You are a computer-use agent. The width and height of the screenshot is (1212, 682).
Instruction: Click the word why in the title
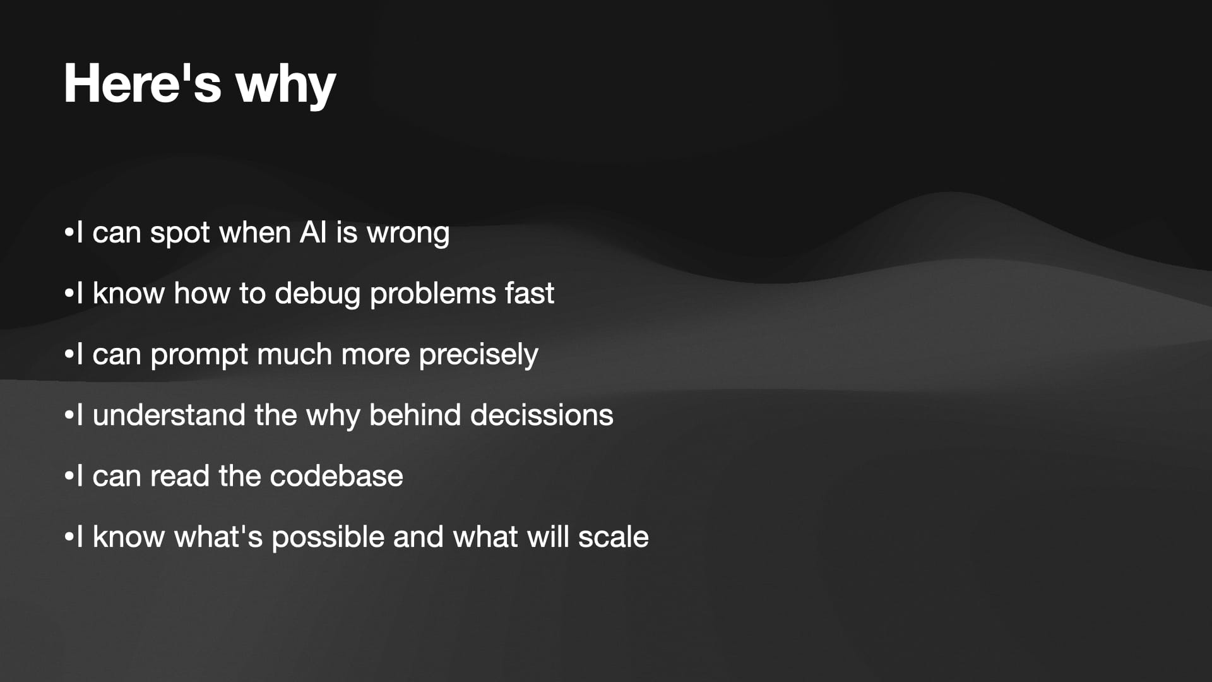(286, 87)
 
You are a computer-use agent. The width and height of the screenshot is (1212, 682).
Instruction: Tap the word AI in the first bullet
(313, 232)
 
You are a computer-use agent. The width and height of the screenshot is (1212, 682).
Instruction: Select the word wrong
(408, 234)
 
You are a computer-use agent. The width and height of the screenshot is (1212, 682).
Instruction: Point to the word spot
(180, 234)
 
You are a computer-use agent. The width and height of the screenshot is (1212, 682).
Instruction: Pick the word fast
(529, 293)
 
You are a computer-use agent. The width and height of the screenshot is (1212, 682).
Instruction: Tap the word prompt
(199, 356)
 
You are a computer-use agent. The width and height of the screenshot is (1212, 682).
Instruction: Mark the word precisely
(478, 356)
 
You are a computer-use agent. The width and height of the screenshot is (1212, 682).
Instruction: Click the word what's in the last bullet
(218, 537)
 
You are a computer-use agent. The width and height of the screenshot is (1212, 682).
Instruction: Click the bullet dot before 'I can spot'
(69, 232)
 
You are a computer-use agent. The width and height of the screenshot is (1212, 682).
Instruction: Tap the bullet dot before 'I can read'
(69, 476)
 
